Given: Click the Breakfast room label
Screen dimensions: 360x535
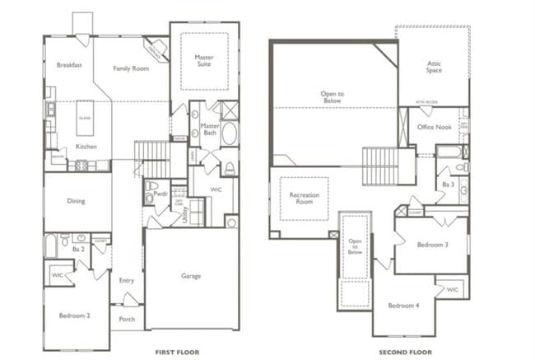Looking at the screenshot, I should point(68,65).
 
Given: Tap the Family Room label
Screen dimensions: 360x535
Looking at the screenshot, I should point(131,68).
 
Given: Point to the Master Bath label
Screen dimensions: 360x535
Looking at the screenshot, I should point(211,130).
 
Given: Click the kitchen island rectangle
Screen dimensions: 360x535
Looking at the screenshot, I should point(85,117).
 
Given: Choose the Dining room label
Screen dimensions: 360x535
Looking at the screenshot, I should point(76,200).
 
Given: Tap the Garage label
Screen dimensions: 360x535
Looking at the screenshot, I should point(191,276).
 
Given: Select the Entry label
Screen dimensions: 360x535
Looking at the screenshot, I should point(126,280).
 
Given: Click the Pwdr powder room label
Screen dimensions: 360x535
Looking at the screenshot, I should point(160,195).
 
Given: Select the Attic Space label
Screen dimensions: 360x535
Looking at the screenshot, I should point(434,67).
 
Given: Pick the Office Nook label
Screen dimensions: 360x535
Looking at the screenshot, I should point(434,128).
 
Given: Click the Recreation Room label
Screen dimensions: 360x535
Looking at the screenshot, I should point(304,199).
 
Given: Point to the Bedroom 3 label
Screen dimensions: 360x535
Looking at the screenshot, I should point(431,245).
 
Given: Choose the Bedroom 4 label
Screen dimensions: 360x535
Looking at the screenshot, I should point(403,306).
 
